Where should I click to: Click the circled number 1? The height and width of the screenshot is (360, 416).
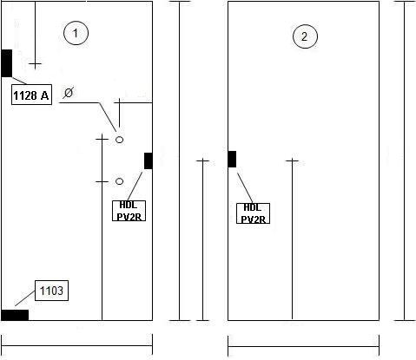[x=76, y=33]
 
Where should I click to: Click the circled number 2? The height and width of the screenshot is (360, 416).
[x=305, y=36]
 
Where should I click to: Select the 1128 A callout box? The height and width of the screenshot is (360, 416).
[x=31, y=95]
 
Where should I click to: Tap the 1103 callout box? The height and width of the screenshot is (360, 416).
[x=51, y=291]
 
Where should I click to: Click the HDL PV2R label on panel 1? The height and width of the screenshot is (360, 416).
[x=129, y=211]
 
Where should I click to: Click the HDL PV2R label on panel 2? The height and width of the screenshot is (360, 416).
[x=254, y=213]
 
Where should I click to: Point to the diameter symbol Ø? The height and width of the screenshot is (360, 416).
[x=69, y=93]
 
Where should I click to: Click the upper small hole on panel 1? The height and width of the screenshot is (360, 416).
[x=119, y=140]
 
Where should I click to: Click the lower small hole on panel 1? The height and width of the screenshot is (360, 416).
[x=119, y=181]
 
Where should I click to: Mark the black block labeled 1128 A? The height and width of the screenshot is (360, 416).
[x=7, y=63]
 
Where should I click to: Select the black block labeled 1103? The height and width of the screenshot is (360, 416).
[x=15, y=315]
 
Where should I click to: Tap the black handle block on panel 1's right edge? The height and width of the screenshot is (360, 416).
[x=149, y=161]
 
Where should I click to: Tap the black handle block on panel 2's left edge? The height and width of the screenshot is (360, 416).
[x=232, y=159]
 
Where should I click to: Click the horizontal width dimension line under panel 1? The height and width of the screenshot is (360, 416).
[x=76, y=345]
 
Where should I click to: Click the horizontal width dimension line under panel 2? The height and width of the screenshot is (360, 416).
[x=303, y=346]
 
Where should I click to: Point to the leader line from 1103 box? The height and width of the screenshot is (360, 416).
[x=25, y=298]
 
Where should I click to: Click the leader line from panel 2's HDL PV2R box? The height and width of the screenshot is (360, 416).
[x=245, y=188]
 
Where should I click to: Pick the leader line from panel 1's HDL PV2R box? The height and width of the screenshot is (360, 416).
[x=135, y=187]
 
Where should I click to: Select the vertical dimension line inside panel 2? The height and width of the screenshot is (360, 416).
[x=292, y=239]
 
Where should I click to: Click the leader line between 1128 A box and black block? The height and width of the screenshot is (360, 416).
[x=19, y=81]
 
